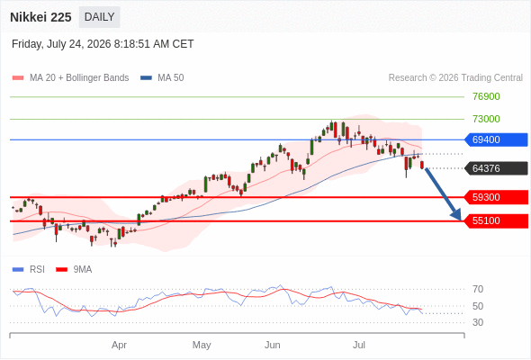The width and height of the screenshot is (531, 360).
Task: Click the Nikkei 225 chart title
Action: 40,17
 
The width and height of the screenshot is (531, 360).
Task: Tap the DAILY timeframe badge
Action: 99,17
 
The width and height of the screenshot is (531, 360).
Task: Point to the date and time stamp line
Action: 103,44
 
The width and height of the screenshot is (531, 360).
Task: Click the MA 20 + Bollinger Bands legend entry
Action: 70,78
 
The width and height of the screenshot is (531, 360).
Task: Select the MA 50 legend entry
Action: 162,78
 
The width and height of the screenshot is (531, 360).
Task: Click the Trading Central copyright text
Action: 455,78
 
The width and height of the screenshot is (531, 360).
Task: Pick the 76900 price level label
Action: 486,97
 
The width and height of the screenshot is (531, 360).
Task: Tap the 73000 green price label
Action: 486,119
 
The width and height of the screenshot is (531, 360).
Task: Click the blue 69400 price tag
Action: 496,139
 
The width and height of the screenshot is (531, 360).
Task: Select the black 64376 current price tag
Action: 496,168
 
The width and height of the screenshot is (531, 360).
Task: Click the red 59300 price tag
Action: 496,197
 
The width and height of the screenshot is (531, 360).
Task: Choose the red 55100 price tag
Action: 496,220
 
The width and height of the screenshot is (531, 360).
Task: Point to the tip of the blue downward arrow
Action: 461,220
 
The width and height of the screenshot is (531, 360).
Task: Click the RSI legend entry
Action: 29,270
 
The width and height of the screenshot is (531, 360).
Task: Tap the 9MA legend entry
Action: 74,270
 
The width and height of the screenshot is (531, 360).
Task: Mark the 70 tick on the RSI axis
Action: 478,289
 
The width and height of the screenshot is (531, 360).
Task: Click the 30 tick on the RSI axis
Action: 478,322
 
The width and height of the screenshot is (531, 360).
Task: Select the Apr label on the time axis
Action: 119,345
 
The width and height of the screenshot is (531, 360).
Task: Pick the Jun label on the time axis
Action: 273,345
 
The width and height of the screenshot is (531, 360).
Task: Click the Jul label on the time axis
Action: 359,345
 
